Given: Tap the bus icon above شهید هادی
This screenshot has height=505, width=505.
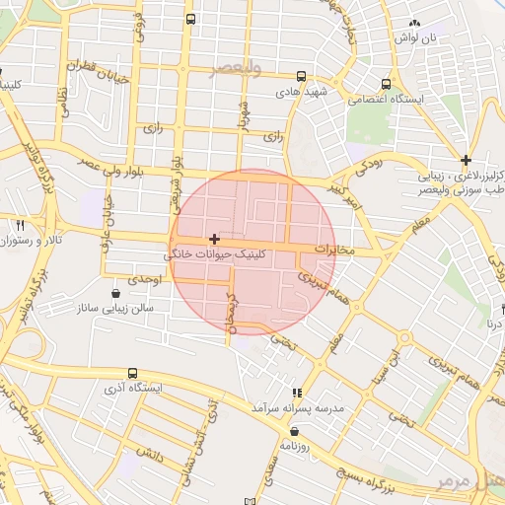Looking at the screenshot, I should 302,75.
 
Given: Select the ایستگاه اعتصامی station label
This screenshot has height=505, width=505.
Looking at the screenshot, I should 421,100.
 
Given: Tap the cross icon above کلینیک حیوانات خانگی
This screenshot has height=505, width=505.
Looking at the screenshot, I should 214,239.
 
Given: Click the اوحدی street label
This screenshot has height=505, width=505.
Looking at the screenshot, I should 144,280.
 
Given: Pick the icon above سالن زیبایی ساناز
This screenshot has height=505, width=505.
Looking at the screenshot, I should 117,293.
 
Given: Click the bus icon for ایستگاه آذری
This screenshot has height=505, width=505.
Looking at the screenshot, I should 132,373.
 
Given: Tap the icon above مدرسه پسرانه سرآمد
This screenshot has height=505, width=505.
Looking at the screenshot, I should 297,393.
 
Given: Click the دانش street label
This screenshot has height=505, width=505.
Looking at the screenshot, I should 148,455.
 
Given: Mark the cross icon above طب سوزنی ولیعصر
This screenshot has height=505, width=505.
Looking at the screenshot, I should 466,160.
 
